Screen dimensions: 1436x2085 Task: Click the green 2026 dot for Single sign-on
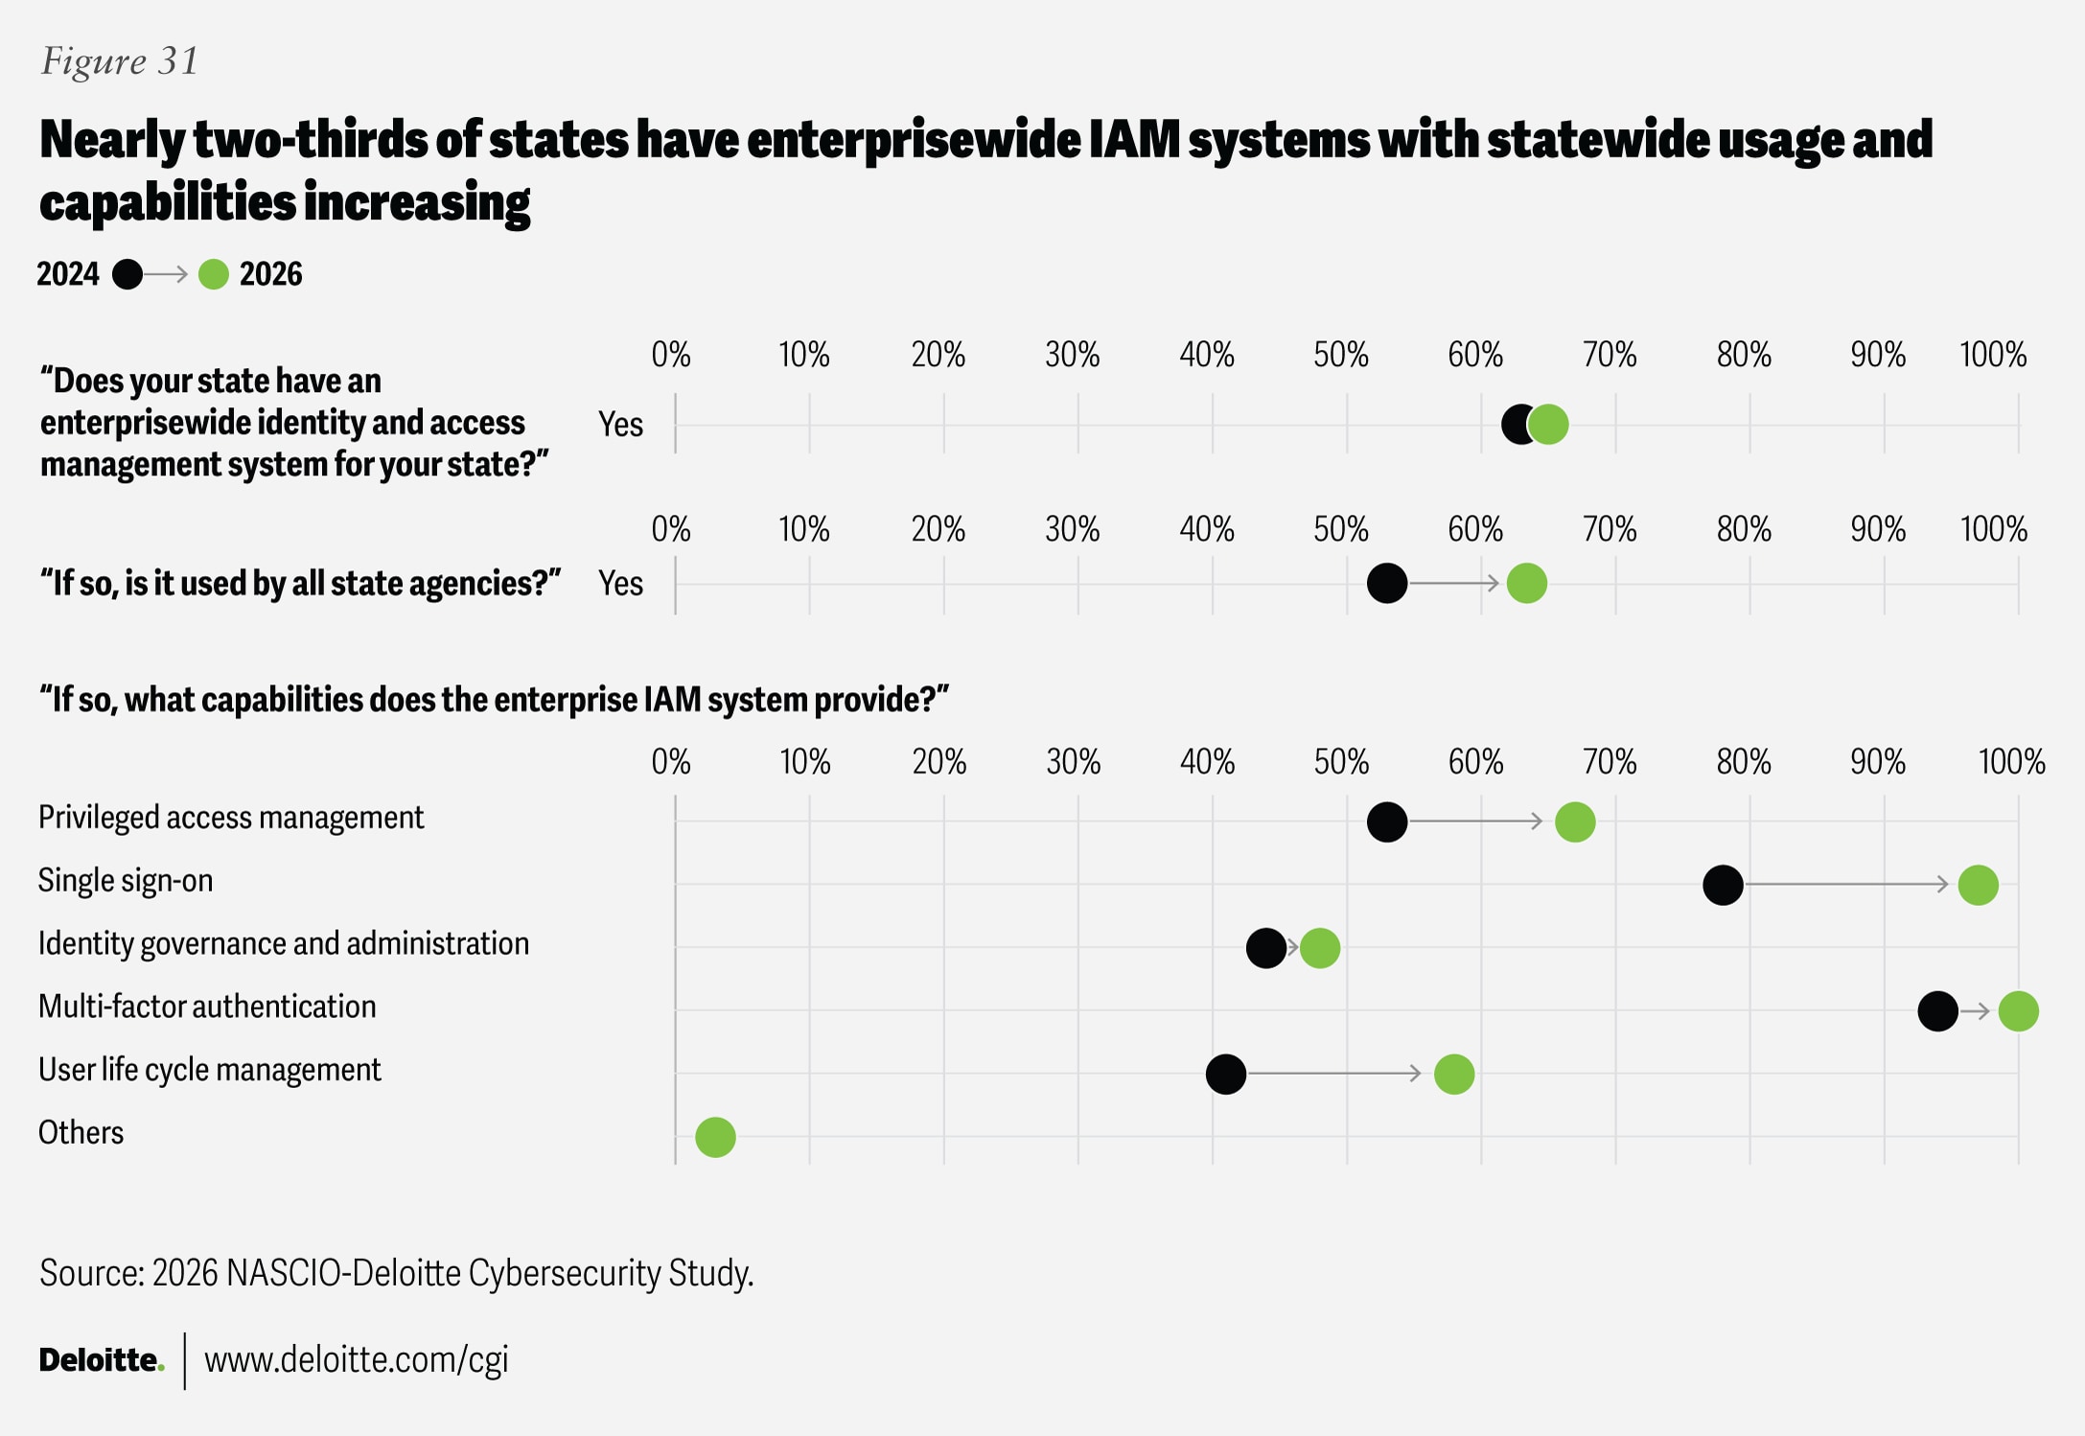pyautogui.click(x=1978, y=884)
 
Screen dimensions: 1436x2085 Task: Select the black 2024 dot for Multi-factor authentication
pyautogui.click(x=1937, y=1010)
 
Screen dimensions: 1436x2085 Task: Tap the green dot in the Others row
pyautogui.click(x=715, y=1137)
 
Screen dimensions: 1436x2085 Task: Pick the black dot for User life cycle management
pyautogui.click(x=1225, y=1074)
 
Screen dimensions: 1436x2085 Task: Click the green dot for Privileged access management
pyautogui.click(x=1575, y=822)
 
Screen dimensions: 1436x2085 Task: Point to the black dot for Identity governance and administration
pyautogui.click(x=1265, y=948)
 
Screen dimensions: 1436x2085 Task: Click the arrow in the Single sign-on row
pyautogui.click(x=1846, y=884)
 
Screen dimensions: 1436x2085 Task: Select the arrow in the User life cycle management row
pyautogui.click(x=1333, y=1074)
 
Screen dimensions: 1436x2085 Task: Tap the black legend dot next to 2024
pyautogui.click(x=127, y=275)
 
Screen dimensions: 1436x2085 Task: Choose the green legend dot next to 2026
pyautogui.click(x=213, y=275)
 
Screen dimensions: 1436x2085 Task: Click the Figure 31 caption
pyautogui.click(x=120, y=61)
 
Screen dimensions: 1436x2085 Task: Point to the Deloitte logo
pyautogui.click(x=102, y=1359)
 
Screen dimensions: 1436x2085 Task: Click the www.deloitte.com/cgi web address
pyautogui.click(x=356, y=1359)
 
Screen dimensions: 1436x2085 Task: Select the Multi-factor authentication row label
pyautogui.click(x=207, y=1007)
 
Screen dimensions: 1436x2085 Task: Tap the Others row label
pyautogui.click(x=81, y=1133)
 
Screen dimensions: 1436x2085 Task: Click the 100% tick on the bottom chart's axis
pyautogui.click(x=2011, y=763)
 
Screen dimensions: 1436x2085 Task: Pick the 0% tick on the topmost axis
pyautogui.click(x=671, y=356)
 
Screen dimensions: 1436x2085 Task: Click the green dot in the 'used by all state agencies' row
pyautogui.click(x=1526, y=583)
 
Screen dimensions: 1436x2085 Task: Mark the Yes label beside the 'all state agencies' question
pyautogui.click(x=620, y=583)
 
